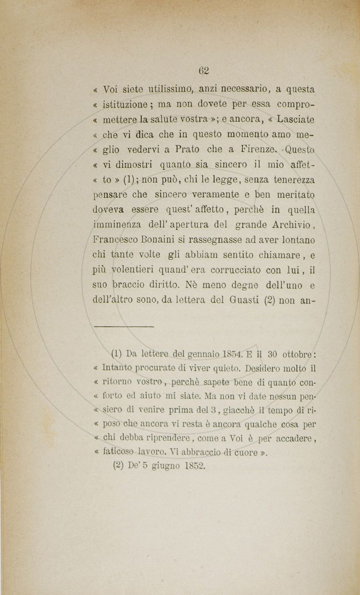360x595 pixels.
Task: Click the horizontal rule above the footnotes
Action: [x=123, y=326]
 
